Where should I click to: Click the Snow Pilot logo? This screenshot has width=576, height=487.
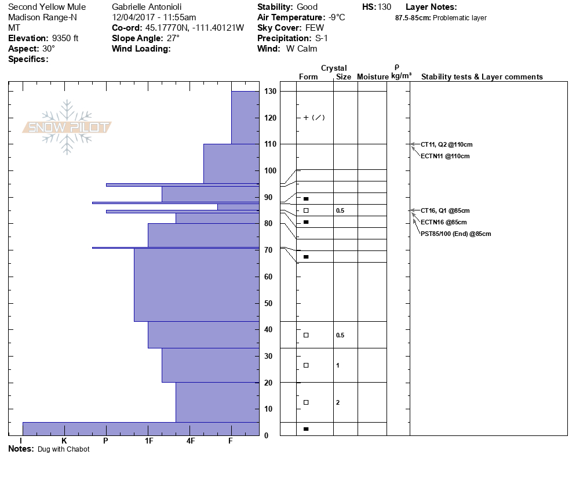(x=67, y=128)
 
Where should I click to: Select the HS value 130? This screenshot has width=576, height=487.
(x=384, y=7)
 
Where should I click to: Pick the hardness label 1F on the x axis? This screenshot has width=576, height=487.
(x=148, y=441)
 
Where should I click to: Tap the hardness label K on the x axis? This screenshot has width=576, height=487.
(x=64, y=441)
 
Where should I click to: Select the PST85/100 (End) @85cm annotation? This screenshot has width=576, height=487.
(x=455, y=234)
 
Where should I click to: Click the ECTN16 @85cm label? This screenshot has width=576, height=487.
(x=443, y=222)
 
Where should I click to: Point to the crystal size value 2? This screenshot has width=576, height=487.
(x=338, y=402)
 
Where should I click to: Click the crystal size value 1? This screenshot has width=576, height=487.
(x=338, y=365)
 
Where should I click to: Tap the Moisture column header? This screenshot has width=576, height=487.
(x=373, y=77)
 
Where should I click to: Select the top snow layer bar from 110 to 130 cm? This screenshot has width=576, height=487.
(x=245, y=118)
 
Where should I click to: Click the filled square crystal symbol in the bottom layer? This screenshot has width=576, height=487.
(x=306, y=429)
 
